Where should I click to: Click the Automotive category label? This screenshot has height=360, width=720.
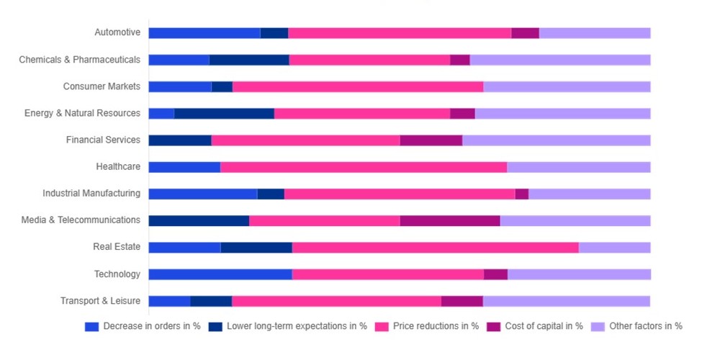[117, 32]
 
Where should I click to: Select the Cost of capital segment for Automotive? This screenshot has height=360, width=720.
[525, 33]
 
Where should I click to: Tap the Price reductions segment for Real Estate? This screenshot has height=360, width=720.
[435, 248]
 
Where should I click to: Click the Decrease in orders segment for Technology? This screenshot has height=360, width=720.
[220, 274]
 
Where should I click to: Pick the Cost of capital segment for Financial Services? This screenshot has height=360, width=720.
[431, 140]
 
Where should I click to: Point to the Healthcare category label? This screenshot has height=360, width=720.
[118, 167]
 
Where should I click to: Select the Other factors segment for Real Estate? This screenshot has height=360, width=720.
[614, 248]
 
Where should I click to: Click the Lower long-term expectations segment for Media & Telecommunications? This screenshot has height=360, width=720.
[199, 220]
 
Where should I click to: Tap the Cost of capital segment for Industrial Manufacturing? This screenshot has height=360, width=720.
[521, 194]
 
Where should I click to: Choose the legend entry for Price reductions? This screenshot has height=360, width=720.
[435, 326]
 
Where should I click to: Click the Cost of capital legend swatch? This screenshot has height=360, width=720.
[493, 326]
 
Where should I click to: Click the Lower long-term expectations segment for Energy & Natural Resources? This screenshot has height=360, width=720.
[224, 113]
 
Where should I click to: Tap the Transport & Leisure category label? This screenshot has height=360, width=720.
[100, 301]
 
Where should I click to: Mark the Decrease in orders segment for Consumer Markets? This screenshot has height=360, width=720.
[180, 86]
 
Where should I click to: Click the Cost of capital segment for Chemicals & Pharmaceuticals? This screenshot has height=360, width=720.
[459, 60]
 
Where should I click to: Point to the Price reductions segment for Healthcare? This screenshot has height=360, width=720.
[364, 167]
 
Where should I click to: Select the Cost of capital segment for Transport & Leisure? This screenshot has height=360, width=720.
[462, 301]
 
